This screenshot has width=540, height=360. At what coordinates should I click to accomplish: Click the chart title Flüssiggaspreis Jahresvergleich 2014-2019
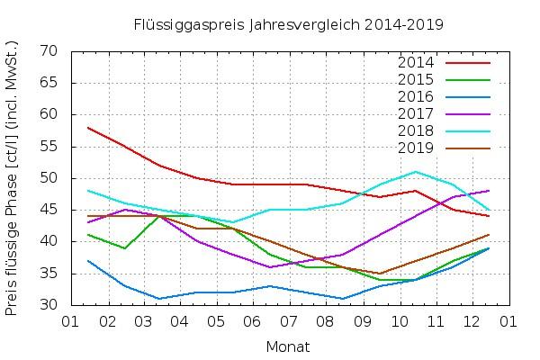(288, 23)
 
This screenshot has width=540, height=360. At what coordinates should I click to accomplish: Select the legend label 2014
(416, 63)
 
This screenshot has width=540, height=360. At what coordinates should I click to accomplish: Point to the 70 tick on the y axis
(49, 51)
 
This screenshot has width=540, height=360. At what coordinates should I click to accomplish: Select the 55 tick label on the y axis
(49, 147)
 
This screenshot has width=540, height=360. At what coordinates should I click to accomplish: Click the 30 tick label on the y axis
(49, 305)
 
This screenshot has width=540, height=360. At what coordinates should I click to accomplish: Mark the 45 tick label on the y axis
(49, 210)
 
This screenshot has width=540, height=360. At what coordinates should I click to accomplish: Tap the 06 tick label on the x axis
(252, 320)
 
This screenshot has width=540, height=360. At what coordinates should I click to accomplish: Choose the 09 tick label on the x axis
(362, 320)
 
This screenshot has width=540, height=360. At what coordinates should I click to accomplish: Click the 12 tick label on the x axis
(472, 320)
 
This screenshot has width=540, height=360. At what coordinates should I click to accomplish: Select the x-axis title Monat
(288, 346)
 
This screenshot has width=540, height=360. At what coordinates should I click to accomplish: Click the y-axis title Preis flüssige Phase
(13, 178)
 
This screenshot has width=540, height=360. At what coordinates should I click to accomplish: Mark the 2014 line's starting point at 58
(87, 128)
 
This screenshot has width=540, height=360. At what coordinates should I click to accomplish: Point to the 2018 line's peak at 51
(416, 172)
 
